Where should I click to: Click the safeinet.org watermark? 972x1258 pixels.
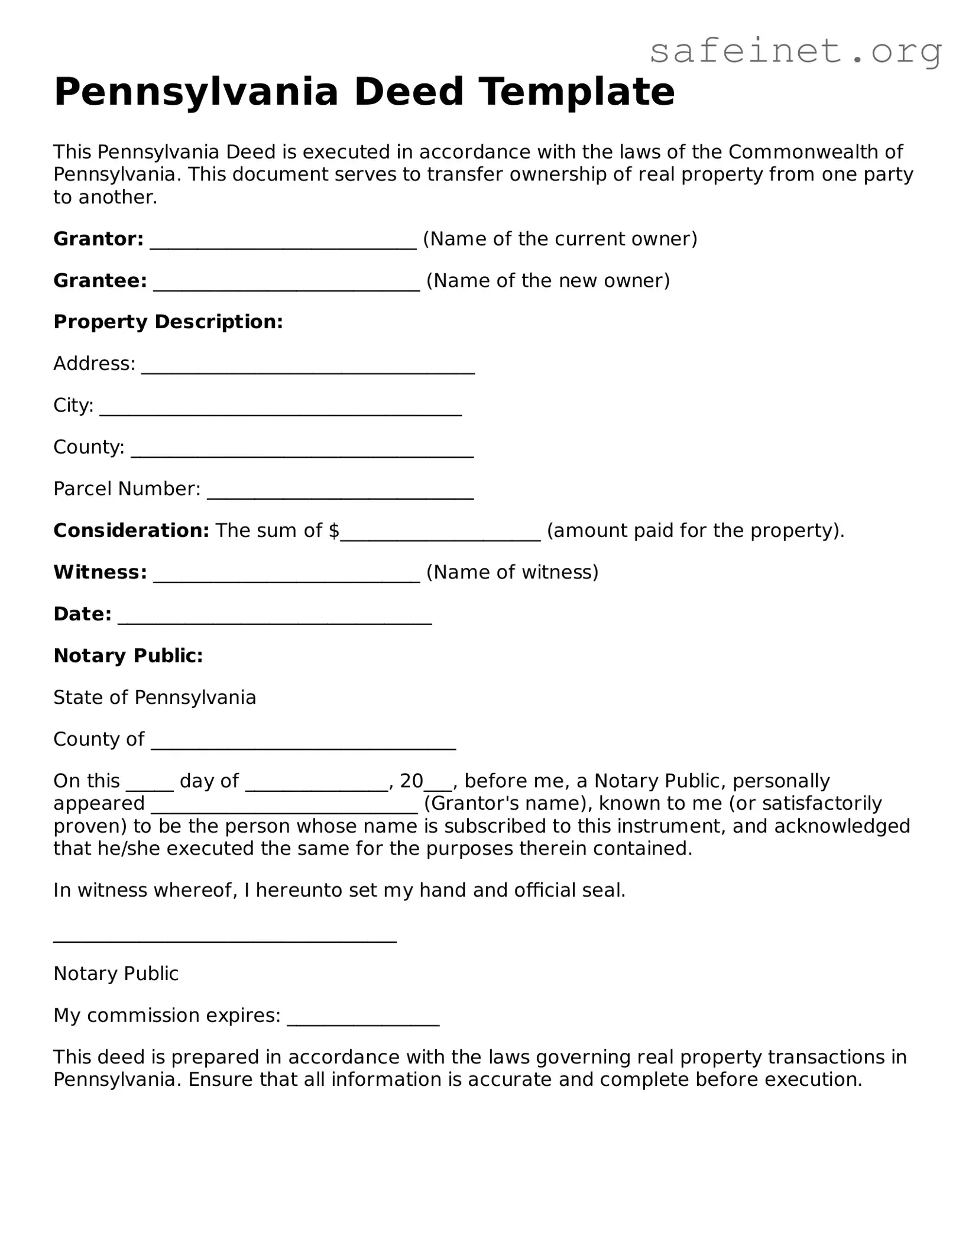click(795, 52)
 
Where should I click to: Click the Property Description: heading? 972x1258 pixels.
click(169, 322)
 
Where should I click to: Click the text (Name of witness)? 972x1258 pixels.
click(512, 572)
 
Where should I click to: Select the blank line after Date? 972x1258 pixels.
click(275, 616)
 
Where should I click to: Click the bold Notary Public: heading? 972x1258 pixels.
click(128, 655)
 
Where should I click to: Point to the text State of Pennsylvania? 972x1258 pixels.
click(155, 697)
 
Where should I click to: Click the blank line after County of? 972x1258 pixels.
click(303, 741)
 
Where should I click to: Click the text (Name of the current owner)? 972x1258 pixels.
click(560, 239)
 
